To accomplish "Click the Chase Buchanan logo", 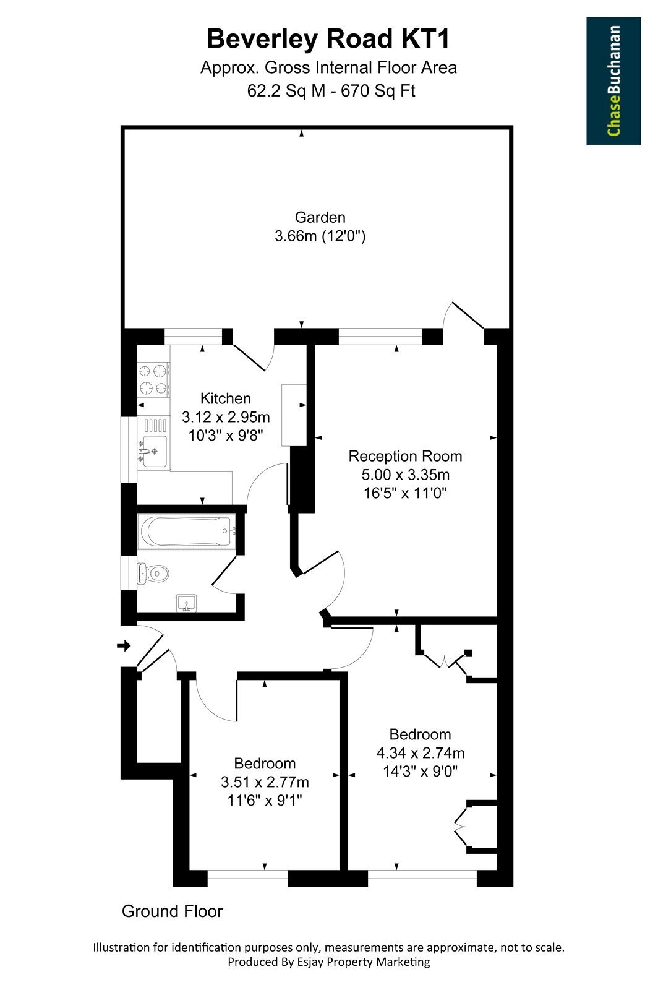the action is point(613,81).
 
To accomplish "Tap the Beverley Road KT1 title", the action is point(328,39).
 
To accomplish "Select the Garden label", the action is point(320,217).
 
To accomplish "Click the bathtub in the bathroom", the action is point(187,531).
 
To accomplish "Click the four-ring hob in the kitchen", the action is point(154,378).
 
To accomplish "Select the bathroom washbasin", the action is point(187,603).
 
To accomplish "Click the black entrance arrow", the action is point(124,646).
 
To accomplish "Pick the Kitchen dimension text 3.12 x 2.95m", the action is point(226,417).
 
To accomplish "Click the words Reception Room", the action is point(405,455).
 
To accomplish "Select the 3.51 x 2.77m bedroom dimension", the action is point(265,782).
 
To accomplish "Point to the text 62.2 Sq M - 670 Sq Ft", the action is point(331,90).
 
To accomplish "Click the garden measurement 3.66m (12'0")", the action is point(320,236).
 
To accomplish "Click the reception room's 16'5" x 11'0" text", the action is point(405,493).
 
